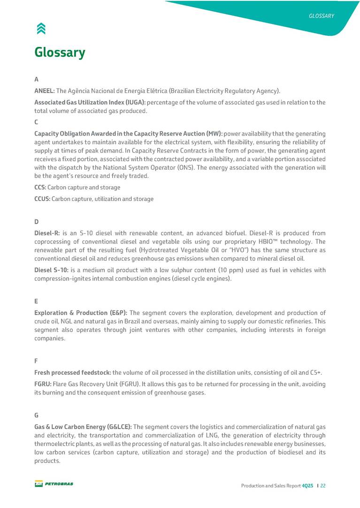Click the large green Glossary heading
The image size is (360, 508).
point(60,52)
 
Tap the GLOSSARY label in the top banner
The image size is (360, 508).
point(321,16)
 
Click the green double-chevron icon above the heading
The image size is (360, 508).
point(41,29)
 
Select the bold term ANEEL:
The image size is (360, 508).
point(45,91)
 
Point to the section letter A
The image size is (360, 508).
point(37,79)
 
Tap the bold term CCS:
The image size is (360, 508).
point(40,187)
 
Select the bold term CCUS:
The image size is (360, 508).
point(42,199)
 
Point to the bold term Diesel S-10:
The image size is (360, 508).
point(51,270)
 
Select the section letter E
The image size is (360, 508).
point(36,301)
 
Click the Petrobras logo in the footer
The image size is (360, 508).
point(54,484)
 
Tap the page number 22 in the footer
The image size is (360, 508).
point(323,485)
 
